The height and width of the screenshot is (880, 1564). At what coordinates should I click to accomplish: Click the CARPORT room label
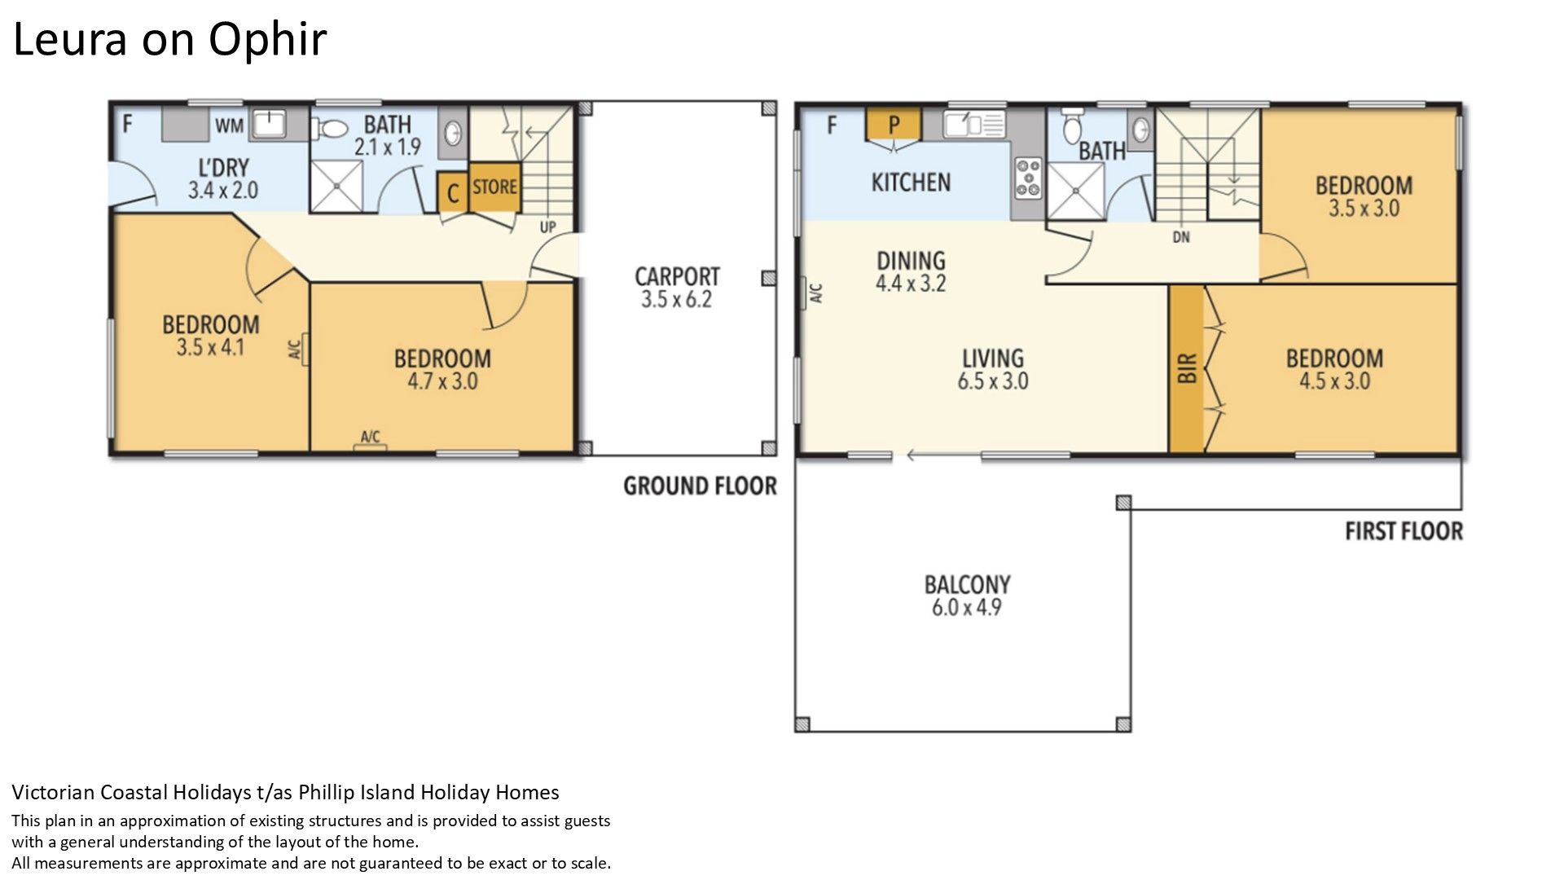677,276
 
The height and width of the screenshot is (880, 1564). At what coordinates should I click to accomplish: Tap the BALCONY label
967,584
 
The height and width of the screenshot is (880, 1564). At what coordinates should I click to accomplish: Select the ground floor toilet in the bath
331,129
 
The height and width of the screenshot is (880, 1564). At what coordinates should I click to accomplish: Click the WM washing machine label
230,125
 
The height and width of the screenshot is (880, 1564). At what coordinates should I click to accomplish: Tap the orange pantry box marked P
894,124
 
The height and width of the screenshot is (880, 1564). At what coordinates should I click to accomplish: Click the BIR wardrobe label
1187,368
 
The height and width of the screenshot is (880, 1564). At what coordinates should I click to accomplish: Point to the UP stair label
548,227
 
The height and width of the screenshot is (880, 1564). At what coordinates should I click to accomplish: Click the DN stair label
1181,237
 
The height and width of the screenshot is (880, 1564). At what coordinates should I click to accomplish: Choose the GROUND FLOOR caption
700,486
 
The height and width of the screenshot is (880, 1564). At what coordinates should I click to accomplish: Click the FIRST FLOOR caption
1404,531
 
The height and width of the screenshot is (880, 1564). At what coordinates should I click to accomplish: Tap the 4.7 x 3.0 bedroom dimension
442,381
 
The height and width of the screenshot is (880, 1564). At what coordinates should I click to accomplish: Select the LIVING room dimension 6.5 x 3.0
993,381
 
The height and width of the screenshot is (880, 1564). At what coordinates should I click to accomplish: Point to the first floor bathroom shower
1075,191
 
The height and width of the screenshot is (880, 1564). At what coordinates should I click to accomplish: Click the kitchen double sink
974,125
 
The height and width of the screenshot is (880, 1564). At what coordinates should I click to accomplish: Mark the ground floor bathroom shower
336,186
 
